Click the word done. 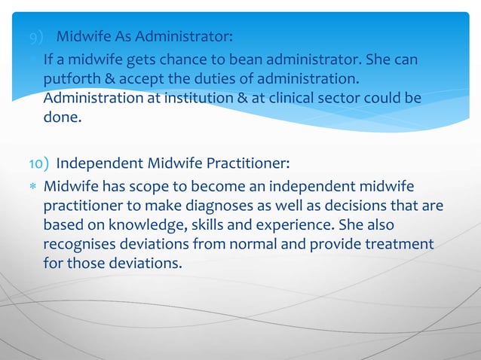click(x=63, y=117)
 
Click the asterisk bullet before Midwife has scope click(x=32, y=187)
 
